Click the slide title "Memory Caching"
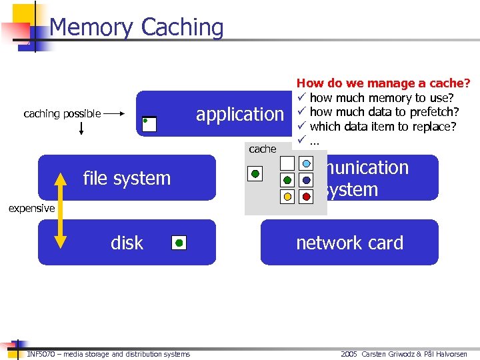136,27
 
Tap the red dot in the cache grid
306,197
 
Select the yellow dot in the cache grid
287,197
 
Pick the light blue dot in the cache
306,163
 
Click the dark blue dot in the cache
306,180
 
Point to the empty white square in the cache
287,163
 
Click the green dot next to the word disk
179,243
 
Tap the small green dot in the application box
146,121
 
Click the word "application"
239,114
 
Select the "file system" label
127,178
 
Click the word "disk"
127,243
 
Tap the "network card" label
349,243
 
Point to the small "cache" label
262,149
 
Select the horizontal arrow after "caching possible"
115,114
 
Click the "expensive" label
31,209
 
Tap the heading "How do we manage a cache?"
383,83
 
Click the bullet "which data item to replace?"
383,127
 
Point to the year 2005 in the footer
349,354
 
